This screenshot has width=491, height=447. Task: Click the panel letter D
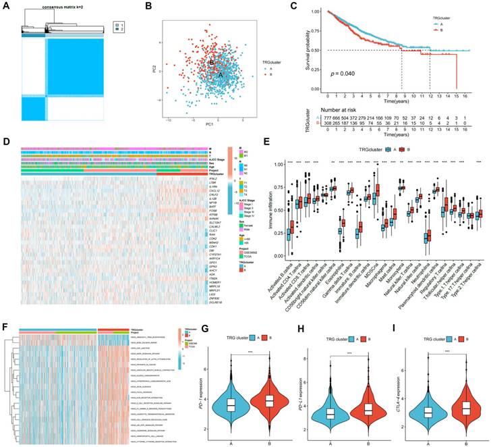pos(6,142)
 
